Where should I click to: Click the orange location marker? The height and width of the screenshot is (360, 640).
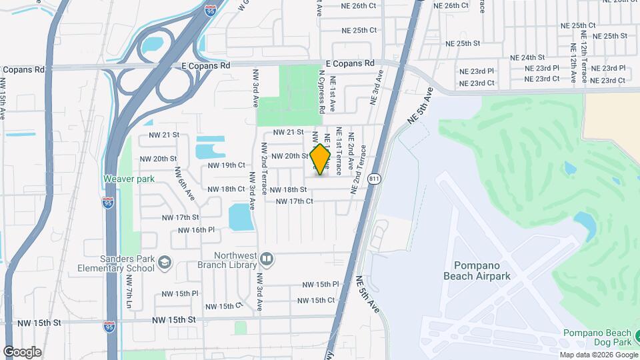pos(321,159)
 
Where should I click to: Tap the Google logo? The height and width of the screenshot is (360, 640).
pos(22,351)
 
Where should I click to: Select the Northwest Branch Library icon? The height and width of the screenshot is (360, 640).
pos(265,258)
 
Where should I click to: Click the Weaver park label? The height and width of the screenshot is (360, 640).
pos(129,179)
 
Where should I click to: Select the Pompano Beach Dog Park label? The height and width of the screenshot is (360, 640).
pos(597,337)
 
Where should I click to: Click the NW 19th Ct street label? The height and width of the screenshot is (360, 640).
pos(227,165)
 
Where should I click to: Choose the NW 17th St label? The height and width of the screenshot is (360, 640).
pos(181,217)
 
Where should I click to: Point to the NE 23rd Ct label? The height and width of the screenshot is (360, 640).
pos(477,83)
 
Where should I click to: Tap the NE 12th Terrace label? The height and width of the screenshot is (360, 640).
pos(583,53)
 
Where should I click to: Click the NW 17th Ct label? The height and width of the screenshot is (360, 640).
pos(289,201)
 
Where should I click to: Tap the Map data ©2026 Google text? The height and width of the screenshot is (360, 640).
pos(597,355)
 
